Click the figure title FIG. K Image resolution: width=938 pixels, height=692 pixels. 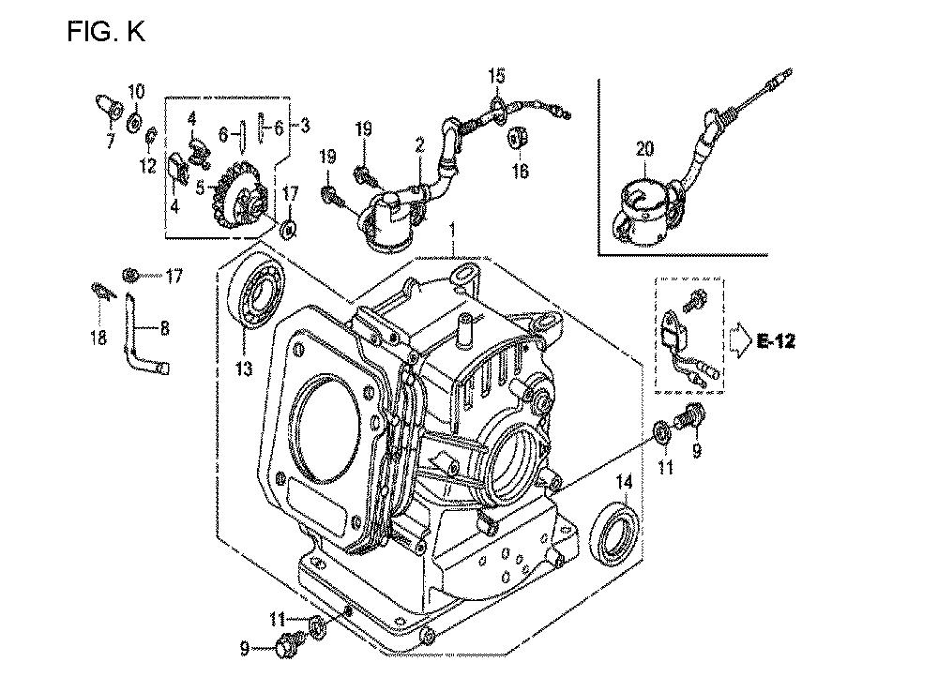click(106, 31)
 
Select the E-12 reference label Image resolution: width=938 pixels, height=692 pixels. click(776, 341)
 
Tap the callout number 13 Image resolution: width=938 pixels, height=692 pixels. click(244, 369)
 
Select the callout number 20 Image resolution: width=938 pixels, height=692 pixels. click(644, 148)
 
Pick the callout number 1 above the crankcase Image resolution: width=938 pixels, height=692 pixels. click(453, 231)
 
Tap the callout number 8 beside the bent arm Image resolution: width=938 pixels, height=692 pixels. click(164, 328)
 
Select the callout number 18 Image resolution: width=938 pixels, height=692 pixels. click(98, 338)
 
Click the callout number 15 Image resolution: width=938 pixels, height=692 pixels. click(496, 75)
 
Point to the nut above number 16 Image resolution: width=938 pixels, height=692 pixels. click(517, 138)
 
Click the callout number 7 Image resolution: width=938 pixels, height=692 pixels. click(110, 142)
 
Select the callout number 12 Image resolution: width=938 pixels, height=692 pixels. click(148, 165)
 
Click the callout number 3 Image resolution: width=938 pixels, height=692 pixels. click(305, 126)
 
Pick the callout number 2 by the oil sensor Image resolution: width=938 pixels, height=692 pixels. click(420, 143)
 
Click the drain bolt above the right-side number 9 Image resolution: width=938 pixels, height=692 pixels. click(690, 415)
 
